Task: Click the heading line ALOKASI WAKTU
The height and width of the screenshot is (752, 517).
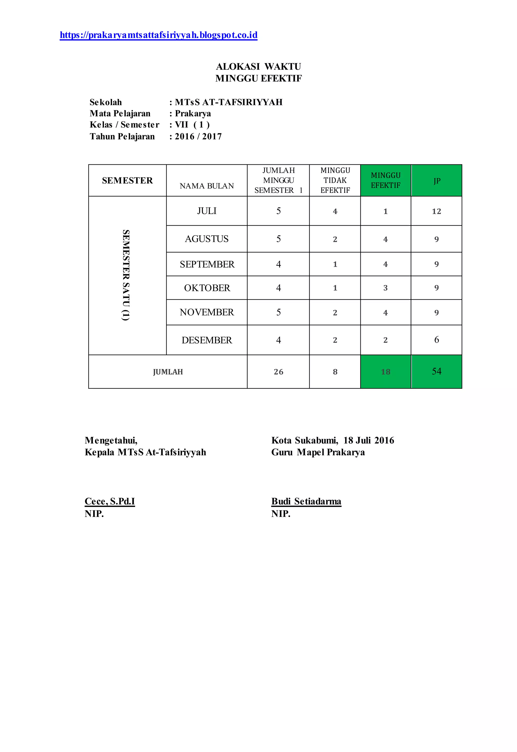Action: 258,66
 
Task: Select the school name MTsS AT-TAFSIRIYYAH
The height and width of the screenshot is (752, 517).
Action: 229,102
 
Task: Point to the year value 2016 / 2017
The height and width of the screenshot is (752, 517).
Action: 198,136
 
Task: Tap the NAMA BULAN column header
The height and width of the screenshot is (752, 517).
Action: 207,186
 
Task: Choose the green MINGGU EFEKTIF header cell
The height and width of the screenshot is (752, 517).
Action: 385,180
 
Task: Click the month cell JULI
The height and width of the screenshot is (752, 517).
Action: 207,211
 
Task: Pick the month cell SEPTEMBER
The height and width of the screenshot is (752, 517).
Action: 207,264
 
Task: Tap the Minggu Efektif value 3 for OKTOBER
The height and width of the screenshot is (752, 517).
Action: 385,288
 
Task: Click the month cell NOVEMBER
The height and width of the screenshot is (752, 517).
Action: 207,312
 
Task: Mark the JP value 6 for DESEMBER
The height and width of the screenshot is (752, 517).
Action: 436,340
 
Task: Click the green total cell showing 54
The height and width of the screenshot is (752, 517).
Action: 436,372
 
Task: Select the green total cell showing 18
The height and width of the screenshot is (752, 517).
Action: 385,372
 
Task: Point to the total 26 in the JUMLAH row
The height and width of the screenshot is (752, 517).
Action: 278,372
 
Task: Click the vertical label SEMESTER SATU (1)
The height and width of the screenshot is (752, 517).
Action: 126,275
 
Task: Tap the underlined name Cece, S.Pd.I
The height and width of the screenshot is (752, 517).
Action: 110,501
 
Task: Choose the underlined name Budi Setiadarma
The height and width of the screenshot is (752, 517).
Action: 306,501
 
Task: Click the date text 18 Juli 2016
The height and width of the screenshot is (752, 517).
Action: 369,440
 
